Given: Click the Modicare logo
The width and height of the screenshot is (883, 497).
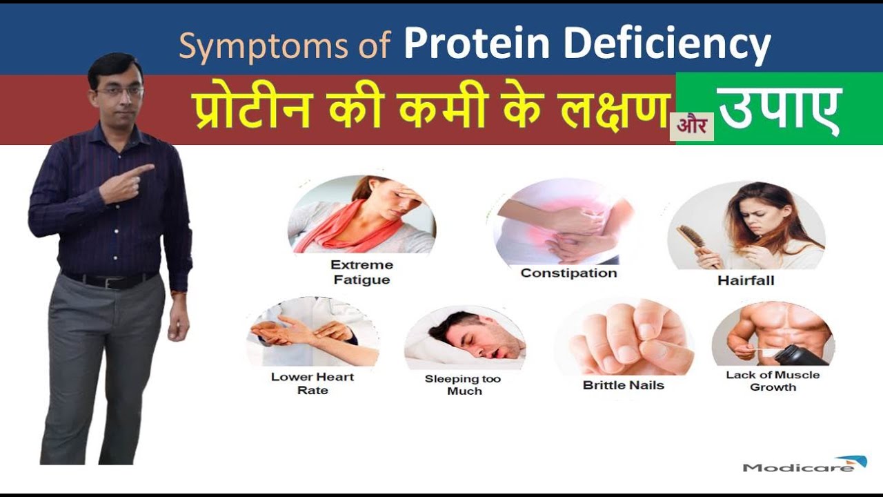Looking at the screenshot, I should click(804, 465).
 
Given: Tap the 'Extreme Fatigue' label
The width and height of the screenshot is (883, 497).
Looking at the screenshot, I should click(361, 272).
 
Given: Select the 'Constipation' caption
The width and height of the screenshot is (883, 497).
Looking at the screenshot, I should click(568, 273).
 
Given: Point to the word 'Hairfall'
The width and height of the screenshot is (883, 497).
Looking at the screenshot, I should click(745, 280).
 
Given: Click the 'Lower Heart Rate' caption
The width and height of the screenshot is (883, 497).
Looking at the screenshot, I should click(312, 384).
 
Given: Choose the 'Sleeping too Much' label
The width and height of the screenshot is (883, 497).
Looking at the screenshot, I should click(464, 384).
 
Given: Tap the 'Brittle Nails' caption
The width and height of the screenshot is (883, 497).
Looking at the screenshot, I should click(623, 385).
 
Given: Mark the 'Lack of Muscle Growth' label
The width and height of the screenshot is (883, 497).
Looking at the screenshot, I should click(773, 381).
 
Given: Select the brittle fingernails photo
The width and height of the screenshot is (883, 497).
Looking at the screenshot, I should click(624, 338).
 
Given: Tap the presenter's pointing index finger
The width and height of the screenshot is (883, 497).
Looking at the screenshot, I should click(143, 168).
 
